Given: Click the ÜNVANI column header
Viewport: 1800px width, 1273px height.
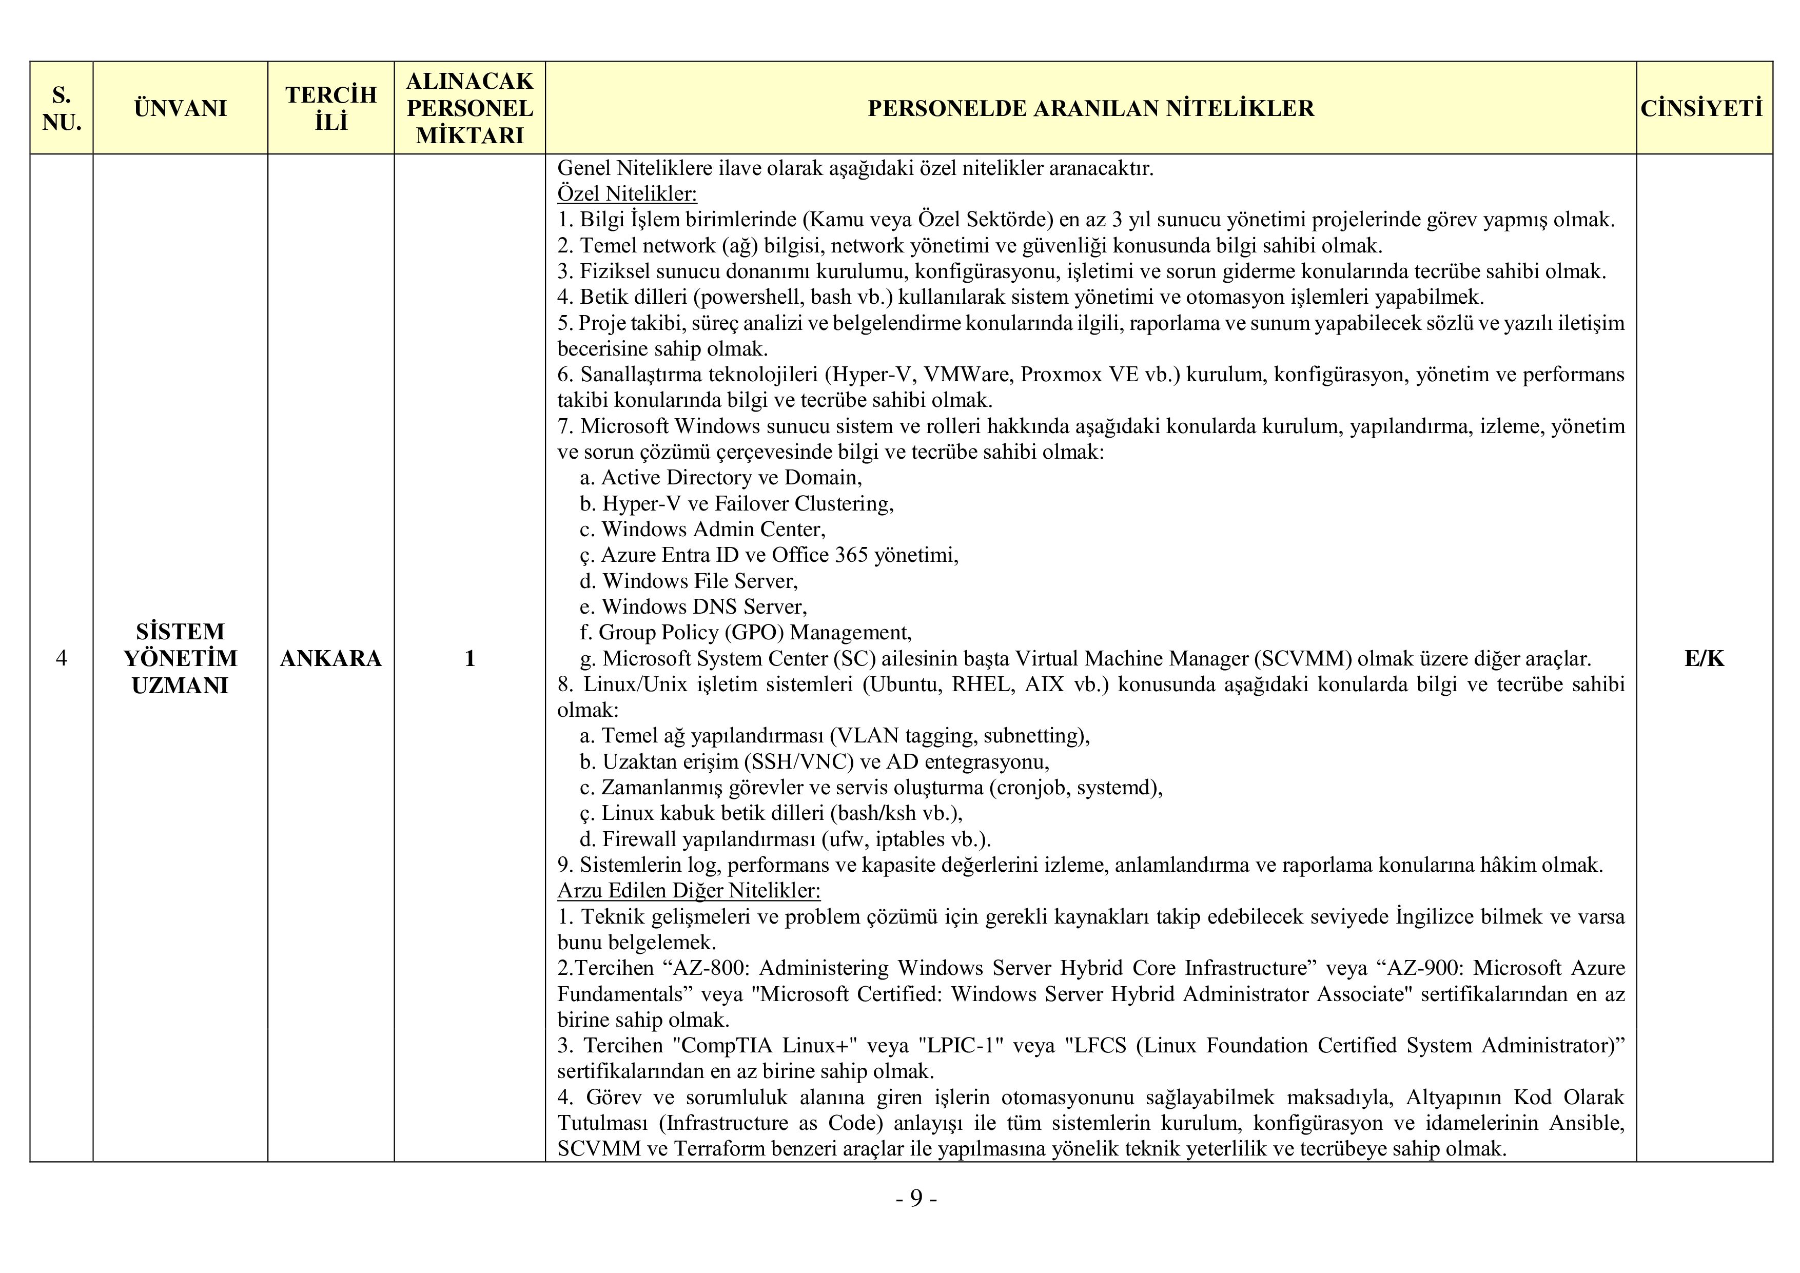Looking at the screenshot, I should point(180,108).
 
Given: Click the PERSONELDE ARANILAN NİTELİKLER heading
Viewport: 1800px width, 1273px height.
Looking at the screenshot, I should point(1090,108).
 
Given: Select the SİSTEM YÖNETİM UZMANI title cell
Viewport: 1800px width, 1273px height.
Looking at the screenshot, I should point(180,658).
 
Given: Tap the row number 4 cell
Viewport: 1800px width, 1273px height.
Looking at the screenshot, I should point(61,658).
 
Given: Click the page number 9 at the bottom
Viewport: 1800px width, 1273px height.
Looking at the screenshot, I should point(916,1199).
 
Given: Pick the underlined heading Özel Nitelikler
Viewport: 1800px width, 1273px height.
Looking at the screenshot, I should point(627,193).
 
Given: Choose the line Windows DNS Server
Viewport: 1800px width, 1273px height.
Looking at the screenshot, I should point(703,606).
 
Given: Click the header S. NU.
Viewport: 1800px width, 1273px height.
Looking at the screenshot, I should point(61,108).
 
